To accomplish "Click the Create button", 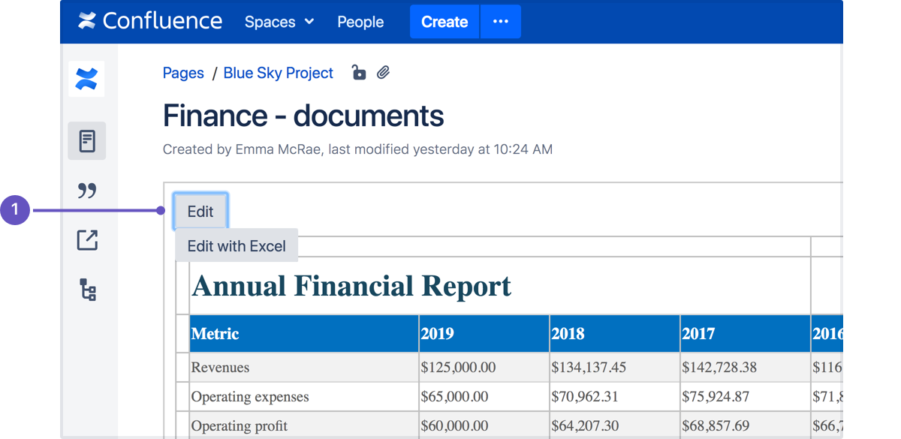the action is tap(444, 22).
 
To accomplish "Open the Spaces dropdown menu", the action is tap(279, 22).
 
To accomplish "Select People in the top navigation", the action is tap(360, 22).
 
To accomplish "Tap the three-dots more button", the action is tap(500, 22).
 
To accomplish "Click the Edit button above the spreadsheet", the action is tap(200, 212).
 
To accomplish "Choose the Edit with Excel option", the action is tap(237, 245).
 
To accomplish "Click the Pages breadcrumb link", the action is tap(183, 73).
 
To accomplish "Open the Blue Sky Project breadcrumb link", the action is tap(278, 73).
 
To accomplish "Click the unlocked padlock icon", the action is tap(358, 72).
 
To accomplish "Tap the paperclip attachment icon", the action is tap(383, 72).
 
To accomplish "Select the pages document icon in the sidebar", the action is tap(87, 141).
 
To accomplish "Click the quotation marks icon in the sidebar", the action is tap(87, 191).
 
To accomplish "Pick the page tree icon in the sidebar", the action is tap(88, 290).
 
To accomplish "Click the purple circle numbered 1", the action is tap(15, 210).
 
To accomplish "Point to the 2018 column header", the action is tap(568, 334).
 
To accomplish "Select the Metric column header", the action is tap(215, 334).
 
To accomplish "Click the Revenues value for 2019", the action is tap(458, 367).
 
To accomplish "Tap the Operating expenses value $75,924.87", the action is tap(715, 396).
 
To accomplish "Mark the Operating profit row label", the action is tap(239, 425).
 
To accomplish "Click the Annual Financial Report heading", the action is tap(351, 286).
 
